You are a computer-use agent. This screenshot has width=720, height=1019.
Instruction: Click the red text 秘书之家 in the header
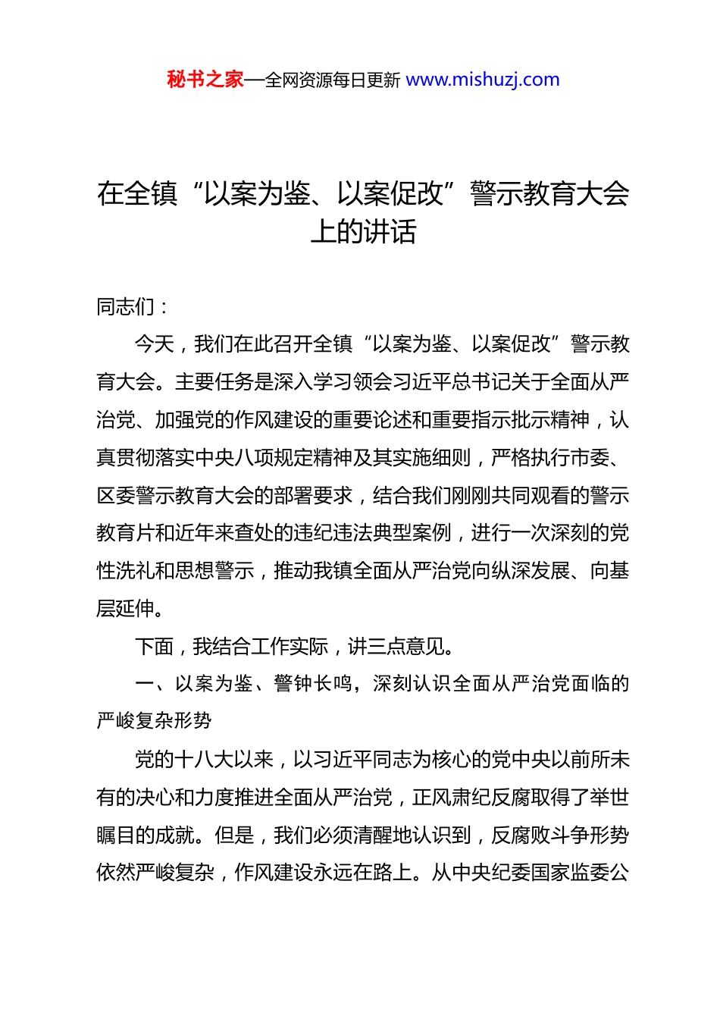(x=205, y=80)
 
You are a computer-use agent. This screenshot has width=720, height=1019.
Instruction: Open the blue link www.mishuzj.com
(x=483, y=80)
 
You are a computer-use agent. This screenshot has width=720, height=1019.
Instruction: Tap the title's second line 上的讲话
(x=363, y=232)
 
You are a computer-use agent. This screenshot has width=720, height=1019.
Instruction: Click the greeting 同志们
(x=126, y=307)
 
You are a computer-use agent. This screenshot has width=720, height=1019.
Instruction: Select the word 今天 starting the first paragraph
(x=155, y=344)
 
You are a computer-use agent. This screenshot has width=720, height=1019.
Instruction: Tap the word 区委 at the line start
(x=116, y=496)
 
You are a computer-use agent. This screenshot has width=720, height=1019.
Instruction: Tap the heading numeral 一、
(x=155, y=684)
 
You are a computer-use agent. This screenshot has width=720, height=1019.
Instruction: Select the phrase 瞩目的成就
(x=146, y=836)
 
